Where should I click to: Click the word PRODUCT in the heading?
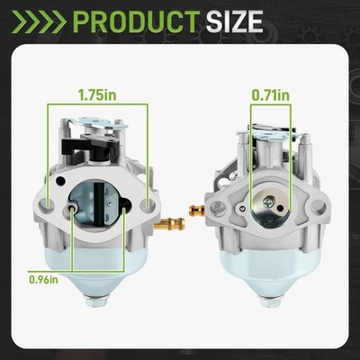tap(137, 22)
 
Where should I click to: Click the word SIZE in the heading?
tap(234, 22)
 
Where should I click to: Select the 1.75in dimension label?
tap(97, 94)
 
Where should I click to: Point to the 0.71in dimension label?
tap(271, 95)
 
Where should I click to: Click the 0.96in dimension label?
tap(43, 280)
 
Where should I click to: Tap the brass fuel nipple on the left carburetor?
tap(169, 224)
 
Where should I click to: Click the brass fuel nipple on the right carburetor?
tap(197, 209)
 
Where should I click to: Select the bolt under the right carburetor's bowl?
tap(271, 301)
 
